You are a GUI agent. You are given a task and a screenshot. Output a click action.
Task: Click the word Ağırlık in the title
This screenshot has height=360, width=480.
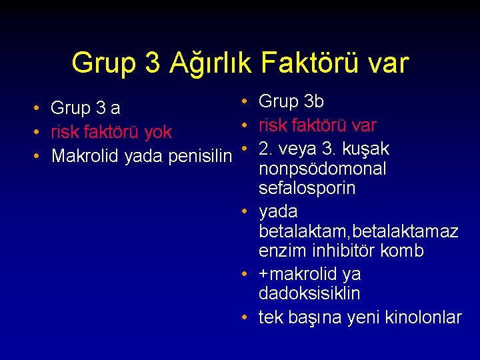(x=211, y=63)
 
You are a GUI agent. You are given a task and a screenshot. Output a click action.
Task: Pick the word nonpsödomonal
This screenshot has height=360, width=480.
(x=323, y=169)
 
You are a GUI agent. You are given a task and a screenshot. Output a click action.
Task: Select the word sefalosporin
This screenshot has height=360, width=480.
(x=307, y=189)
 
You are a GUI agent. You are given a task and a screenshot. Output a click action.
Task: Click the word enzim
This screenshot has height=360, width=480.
(x=281, y=251)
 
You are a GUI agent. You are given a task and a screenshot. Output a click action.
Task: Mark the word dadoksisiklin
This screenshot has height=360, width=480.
(x=309, y=293)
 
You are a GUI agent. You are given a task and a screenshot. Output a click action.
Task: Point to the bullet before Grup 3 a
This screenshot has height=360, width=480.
(x=37, y=107)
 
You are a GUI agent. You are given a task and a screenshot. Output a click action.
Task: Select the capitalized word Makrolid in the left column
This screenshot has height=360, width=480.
(x=85, y=156)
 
